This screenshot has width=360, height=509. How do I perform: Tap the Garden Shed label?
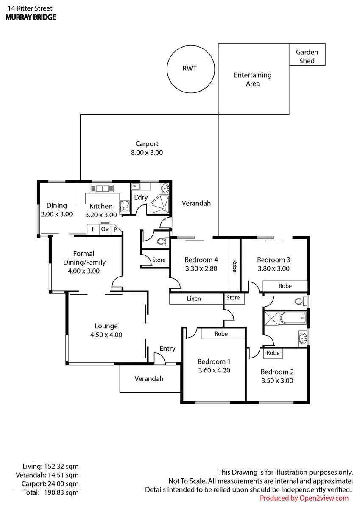(307, 56)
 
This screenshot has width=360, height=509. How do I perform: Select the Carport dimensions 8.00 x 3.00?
(147, 152)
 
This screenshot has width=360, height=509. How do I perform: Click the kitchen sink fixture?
(102, 188)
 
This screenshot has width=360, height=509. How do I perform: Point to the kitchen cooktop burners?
(125, 206)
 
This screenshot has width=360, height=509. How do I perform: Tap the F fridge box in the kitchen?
(93, 229)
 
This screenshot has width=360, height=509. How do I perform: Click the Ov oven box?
(105, 229)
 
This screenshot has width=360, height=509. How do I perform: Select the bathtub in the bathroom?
(293, 317)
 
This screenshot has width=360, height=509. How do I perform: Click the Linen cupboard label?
(194, 299)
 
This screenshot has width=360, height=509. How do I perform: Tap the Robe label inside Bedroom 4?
(234, 266)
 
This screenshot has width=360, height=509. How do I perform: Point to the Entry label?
(167, 349)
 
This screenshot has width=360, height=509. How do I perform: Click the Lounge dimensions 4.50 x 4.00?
(106, 335)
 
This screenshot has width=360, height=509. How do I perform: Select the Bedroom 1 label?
(214, 361)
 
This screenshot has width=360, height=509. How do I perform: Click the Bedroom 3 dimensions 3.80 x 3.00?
(273, 268)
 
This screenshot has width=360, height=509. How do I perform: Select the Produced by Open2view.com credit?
(304, 498)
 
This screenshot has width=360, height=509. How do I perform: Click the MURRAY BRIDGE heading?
(31, 17)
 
